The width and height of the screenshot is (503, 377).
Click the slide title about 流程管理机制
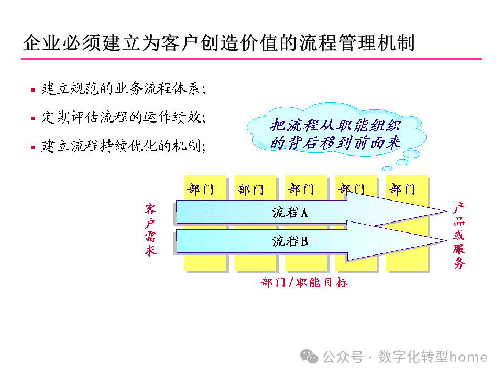click(218, 42)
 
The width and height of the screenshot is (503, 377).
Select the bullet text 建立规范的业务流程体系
click(124, 89)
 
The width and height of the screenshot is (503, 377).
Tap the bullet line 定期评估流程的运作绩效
click(124, 117)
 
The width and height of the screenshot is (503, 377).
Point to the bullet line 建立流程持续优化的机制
click(124, 146)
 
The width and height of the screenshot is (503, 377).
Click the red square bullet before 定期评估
click(32, 118)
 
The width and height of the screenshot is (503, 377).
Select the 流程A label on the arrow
click(290, 212)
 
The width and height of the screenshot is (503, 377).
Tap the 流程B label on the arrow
click(290, 241)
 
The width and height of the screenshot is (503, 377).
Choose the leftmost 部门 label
click(200, 189)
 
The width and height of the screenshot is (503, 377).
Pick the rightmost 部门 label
click(402, 189)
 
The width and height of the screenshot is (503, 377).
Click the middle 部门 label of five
click(301, 189)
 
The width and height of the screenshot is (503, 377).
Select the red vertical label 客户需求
click(151, 230)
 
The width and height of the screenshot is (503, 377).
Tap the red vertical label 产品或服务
click(459, 236)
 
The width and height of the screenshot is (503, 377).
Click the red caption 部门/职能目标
click(304, 283)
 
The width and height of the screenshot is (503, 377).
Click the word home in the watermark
click(469, 357)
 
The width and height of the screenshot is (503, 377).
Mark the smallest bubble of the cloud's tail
click(387, 169)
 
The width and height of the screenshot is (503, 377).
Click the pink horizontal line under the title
click(251, 58)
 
